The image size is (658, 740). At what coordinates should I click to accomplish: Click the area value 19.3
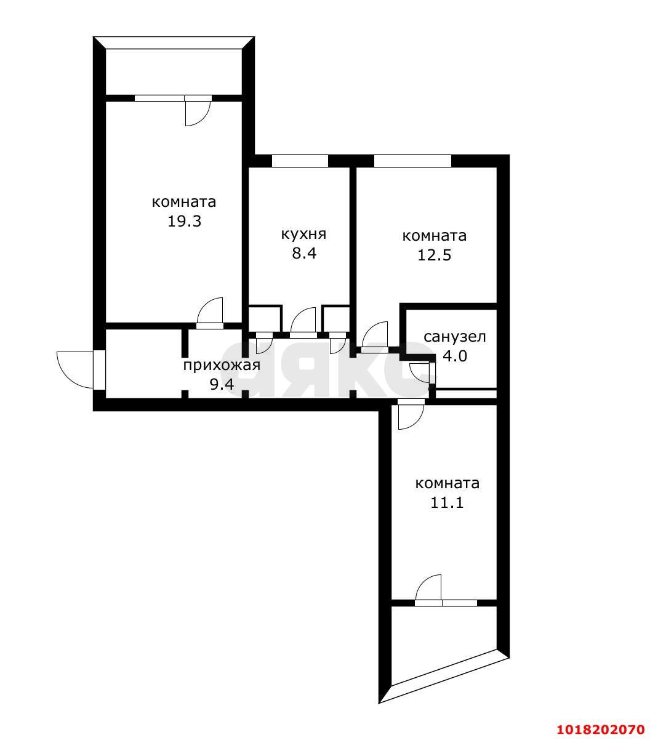coord(184,221)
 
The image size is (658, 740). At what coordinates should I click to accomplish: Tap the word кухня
coord(303,234)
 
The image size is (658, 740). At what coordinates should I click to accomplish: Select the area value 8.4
coord(304,253)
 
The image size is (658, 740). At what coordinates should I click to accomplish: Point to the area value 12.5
coord(434,255)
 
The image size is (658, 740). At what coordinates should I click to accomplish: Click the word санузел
coord(455,337)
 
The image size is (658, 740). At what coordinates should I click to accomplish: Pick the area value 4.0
coord(455,356)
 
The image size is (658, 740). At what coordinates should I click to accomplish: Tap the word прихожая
coord(222,365)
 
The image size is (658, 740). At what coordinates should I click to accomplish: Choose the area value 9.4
coord(222,384)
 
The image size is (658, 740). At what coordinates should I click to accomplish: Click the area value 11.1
coord(447,502)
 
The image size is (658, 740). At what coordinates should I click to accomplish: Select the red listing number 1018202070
coord(601,719)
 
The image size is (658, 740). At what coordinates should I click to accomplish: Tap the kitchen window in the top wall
coord(300,161)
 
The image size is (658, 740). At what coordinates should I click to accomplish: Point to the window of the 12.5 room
coord(412,161)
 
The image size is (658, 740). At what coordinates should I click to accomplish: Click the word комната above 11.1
coord(447,484)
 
